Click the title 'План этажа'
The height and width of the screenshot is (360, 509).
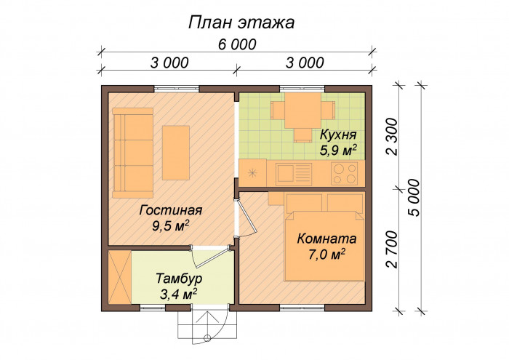click(241, 23)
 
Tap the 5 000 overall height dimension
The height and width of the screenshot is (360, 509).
click(414, 196)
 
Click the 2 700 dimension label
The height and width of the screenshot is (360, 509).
click(392, 248)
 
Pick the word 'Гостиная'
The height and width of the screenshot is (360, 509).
click(171, 211)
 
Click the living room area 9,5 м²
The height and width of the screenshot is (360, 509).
click(171, 225)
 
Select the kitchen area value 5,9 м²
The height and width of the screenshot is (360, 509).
click(338, 151)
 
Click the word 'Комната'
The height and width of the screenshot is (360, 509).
click(326, 239)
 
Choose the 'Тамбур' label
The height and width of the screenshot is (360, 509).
click(179, 279)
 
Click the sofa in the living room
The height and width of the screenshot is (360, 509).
click(132, 152)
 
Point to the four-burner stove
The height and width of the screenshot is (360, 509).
click(345, 173)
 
